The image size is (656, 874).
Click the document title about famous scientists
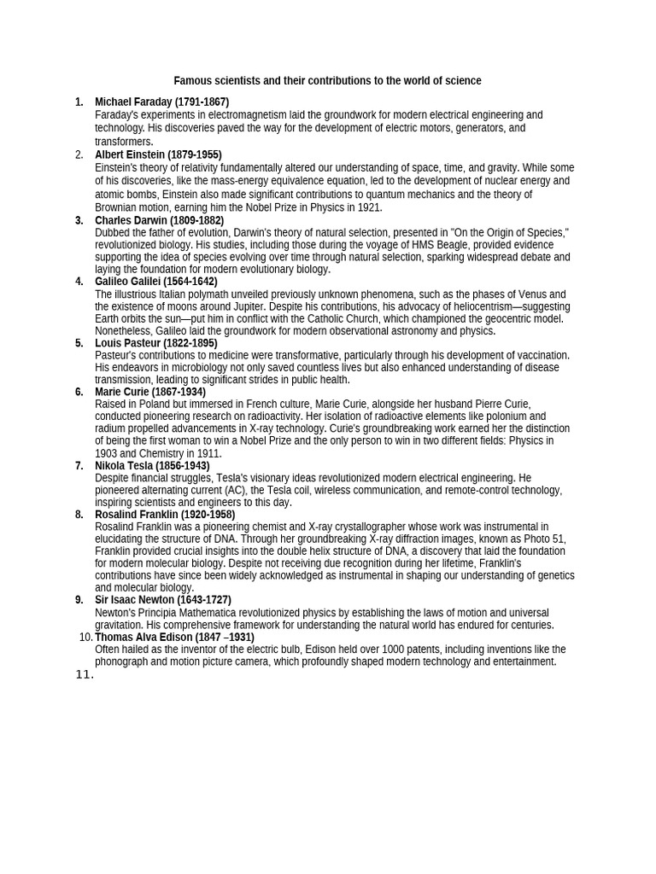[327, 81]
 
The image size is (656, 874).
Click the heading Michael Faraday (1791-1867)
[161, 102]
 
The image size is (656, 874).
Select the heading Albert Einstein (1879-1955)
[158, 154]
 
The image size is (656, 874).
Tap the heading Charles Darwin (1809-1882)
[159, 220]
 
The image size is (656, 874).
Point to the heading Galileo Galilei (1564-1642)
[155, 282]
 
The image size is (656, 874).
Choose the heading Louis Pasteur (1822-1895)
[155, 343]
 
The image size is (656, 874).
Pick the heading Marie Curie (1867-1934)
[149, 392]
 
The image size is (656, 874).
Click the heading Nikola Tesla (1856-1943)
[152, 466]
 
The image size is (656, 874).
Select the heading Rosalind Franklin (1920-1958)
[164, 515]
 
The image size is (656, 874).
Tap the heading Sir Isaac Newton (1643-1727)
[162, 600]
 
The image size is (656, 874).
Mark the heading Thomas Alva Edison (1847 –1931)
[174, 638]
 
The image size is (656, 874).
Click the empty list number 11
[84, 674]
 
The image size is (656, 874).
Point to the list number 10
[85, 638]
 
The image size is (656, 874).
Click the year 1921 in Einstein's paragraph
[369, 207]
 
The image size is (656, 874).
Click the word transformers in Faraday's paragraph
[123, 142]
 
